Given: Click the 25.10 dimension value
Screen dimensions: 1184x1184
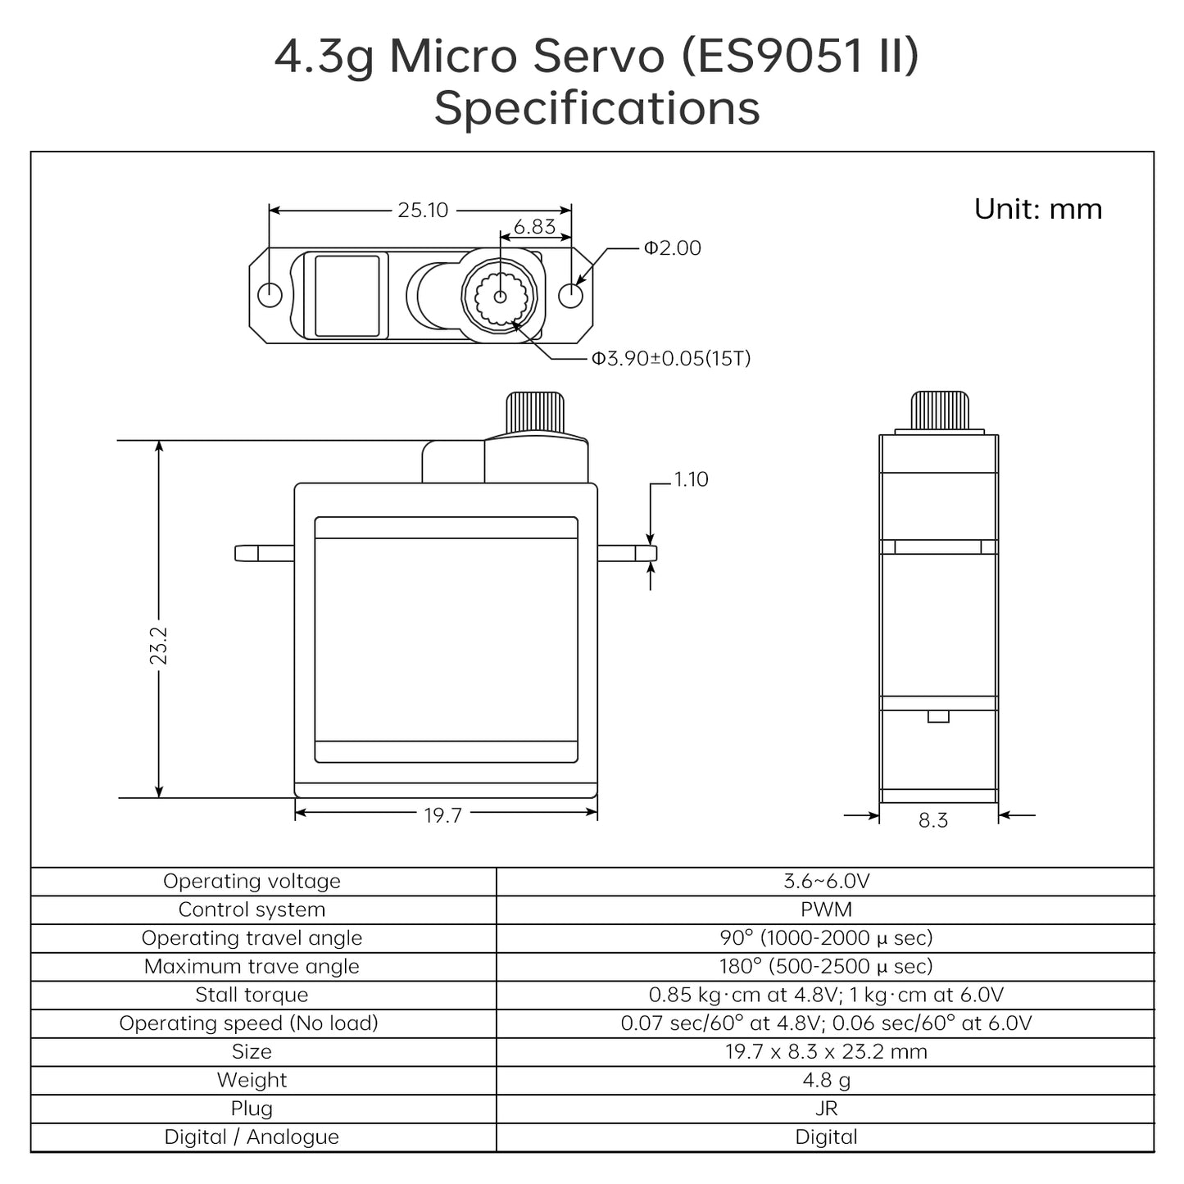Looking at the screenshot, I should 423,211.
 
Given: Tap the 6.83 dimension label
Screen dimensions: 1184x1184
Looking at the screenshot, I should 534,227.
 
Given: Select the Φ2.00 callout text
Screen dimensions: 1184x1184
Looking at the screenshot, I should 672,248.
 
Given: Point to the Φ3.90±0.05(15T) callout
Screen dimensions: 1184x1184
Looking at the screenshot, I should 671,359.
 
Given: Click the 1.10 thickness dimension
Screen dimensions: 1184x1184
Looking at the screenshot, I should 691,479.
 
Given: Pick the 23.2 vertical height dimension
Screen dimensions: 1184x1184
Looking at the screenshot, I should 159,645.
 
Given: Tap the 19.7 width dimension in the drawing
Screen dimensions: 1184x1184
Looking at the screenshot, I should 442,815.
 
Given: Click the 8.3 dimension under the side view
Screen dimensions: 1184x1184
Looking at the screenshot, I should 932,820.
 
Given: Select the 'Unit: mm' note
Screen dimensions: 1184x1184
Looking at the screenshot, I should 1037,209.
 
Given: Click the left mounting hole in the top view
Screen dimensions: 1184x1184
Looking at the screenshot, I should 270,294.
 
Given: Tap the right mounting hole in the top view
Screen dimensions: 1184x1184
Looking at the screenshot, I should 570,294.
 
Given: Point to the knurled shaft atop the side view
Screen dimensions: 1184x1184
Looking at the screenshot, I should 940,411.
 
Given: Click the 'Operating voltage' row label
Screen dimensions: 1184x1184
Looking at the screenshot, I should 252,882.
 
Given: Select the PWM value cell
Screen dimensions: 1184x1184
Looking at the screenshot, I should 826,910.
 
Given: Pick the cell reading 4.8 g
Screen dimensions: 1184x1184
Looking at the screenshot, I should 826,1080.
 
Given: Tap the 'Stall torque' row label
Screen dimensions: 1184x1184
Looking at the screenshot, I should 252,995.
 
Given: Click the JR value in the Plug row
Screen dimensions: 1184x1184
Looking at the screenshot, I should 826,1109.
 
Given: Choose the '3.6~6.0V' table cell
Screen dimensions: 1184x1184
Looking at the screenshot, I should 826,882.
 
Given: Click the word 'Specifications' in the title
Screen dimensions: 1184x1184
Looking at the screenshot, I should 597,108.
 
